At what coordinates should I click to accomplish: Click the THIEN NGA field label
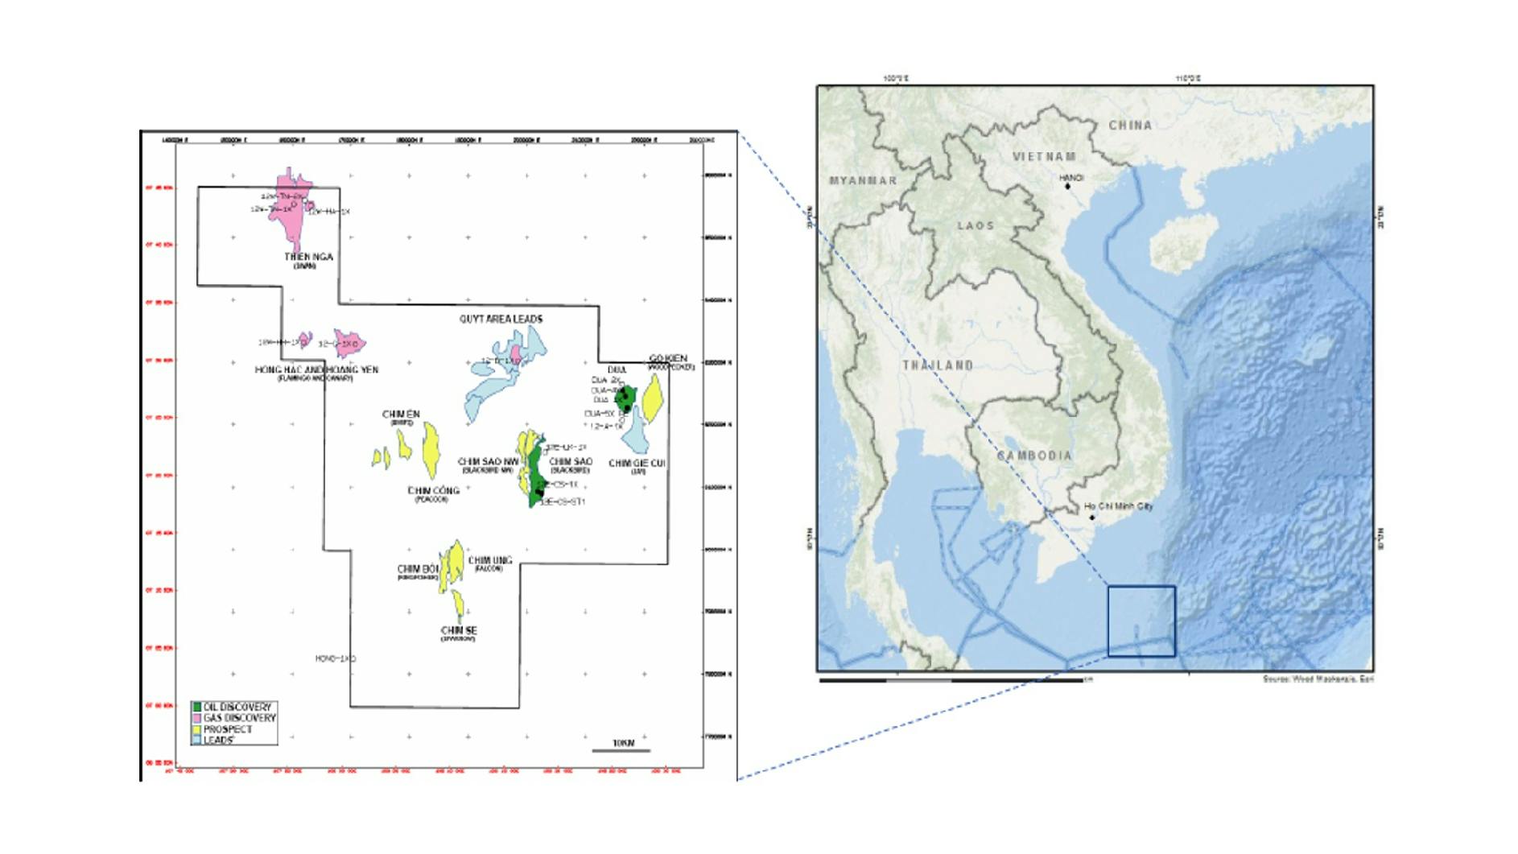(308, 257)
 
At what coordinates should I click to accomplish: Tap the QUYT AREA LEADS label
(501, 319)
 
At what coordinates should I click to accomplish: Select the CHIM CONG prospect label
(433, 490)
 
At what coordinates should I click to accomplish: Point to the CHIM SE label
(459, 630)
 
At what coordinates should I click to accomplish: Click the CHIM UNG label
(490, 560)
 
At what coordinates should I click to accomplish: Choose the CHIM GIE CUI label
(637, 463)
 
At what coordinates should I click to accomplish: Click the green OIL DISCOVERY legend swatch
(196, 707)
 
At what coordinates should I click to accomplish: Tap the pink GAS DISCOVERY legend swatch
(196, 717)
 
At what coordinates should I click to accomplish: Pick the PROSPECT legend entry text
(228, 729)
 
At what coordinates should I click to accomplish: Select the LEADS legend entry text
(218, 740)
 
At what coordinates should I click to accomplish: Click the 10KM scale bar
(621, 750)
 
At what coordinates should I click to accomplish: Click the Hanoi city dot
(1068, 187)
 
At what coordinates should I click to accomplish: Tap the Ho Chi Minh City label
(1118, 506)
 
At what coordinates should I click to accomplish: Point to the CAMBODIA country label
(1035, 456)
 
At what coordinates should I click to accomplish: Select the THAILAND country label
(938, 365)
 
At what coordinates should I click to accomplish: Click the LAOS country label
(976, 226)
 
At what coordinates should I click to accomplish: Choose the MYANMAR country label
(863, 180)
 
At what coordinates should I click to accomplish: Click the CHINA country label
(1130, 126)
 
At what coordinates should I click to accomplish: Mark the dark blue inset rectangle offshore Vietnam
(1141, 621)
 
